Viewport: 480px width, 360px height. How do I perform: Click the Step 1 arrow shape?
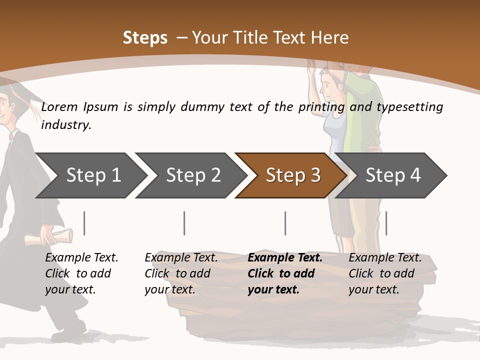[x=90, y=175]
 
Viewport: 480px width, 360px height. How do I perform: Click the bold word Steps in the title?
[x=145, y=38]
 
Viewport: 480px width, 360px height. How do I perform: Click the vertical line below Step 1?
[x=84, y=223]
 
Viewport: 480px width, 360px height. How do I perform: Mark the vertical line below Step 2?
[x=184, y=223]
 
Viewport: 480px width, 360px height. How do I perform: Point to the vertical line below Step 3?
[x=285, y=223]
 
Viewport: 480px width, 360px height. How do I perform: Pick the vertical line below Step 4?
[x=386, y=223]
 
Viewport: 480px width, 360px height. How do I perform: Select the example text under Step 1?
[x=81, y=273]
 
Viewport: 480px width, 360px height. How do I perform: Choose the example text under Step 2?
[x=180, y=273]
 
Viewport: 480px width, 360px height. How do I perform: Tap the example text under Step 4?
[x=384, y=273]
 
